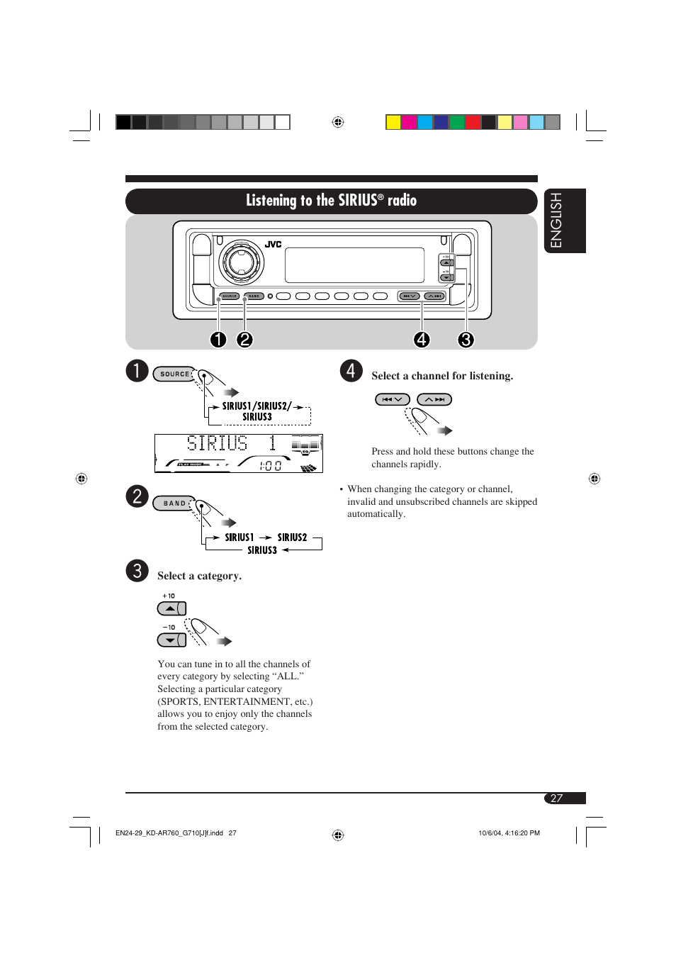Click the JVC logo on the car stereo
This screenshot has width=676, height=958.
(274, 244)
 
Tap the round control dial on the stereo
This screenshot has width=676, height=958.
(241, 262)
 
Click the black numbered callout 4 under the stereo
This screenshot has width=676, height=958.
(422, 340)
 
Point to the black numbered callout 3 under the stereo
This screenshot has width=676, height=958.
(466, 340)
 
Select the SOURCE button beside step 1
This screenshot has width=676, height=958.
(174, 374)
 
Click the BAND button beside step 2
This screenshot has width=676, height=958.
(174, 503)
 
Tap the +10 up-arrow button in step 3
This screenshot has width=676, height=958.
(171, 608)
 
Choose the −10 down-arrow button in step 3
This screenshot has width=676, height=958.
(171, 640)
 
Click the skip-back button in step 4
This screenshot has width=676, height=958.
(392, 399)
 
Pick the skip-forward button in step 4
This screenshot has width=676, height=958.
(434, 399)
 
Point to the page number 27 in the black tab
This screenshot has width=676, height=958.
(557, 798)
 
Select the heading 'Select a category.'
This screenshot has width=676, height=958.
(199, 576)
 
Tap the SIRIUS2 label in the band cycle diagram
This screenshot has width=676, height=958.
(292, 538)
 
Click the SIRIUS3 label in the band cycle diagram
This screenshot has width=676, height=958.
(261, 550)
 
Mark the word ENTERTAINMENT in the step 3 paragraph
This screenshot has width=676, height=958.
(247, 701)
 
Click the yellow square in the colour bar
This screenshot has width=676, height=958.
(393, 122)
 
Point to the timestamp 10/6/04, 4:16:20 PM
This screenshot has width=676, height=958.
(509, 833)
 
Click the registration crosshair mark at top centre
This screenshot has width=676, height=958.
(338, 122)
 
